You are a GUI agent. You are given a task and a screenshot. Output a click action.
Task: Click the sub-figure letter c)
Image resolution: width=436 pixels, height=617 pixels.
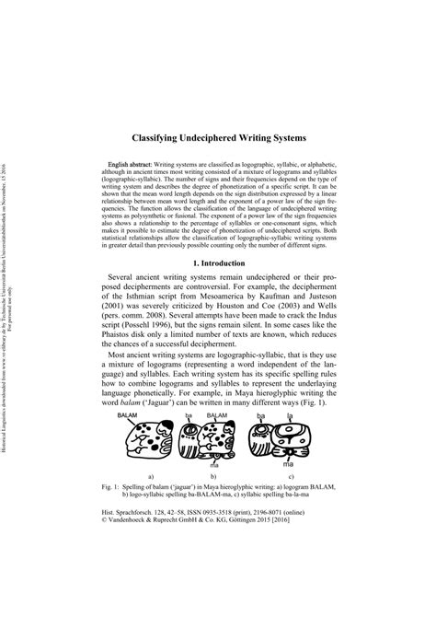[x=316, y=504]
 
